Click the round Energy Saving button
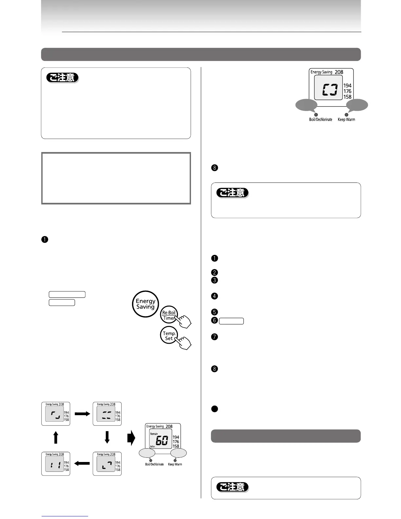click(145, 304)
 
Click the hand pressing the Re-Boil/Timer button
click(184, 322)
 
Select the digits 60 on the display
click(162, 441)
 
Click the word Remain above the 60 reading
click(154, 434)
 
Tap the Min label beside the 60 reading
click(153, 447)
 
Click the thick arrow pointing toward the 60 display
click(131, 438)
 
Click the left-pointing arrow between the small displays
click(82, 464)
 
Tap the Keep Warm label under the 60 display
click(175, 464)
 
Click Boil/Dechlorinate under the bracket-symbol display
click(320, 120)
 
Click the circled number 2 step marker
click(214, 272)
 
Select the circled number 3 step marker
click(214, 280)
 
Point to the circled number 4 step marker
click(214, 296)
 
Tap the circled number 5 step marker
click(214, 312)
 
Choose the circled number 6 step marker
click(214, 320)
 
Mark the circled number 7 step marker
click(214, 336)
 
